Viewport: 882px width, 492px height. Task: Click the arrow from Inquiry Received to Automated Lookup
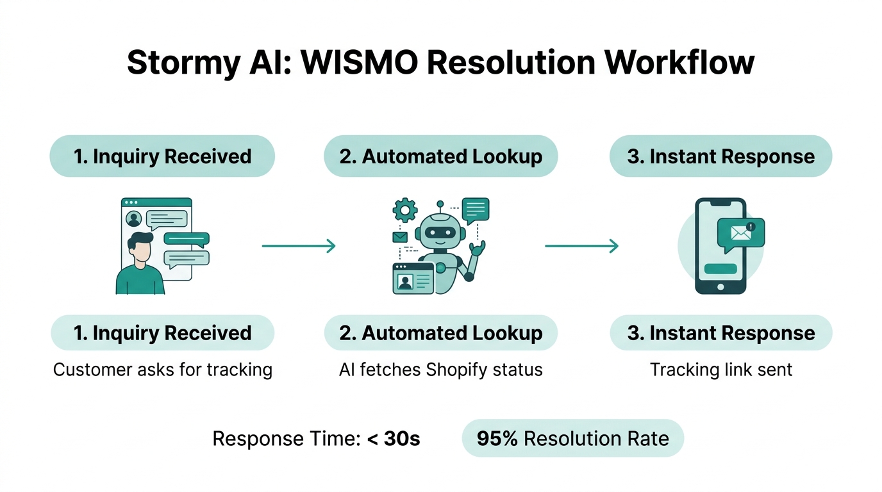pos(299,246)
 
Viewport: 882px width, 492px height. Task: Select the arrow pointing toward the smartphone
pos(581,246)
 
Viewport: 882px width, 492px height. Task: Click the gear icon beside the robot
pos(404,209)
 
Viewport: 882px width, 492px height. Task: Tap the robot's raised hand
pos(478,247)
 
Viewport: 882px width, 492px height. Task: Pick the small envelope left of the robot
pos(400,237)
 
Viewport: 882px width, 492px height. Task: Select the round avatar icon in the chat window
pos(134,219)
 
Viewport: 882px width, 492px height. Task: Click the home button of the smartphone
pos(720,286)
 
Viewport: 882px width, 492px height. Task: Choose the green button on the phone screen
pos(720,268)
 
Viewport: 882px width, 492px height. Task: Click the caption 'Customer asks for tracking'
pos(162,370)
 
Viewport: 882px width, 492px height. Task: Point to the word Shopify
pos(459,370)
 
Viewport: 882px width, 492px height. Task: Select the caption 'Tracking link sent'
pos(720,370)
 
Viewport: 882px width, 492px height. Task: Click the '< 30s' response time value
pos(393,439)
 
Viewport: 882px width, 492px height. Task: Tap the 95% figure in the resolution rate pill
pos(497,439)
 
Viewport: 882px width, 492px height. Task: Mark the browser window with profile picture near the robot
pos(413,279)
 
